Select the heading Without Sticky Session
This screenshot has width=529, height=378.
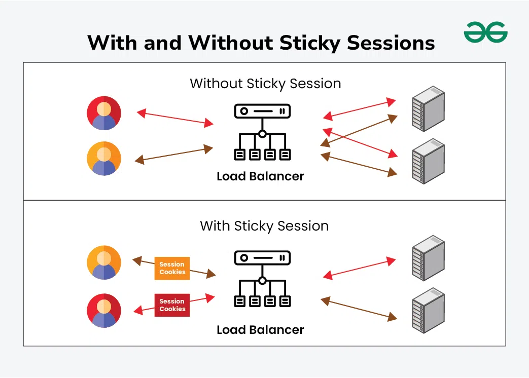coord(265,83)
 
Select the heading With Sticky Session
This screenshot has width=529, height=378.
coord(264,225)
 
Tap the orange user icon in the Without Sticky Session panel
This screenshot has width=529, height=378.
coord(104,159)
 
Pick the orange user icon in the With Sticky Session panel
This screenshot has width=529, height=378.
coord(104,262)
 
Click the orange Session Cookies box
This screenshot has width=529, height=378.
coord(172,268)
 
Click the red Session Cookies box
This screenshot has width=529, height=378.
coord(172,305)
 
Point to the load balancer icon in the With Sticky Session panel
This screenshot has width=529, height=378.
coord(262,279)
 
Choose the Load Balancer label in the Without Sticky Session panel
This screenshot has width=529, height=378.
coord(260,176)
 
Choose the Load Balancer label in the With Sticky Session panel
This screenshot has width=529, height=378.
coord(260,330)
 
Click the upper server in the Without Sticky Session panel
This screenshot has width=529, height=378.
coord(428,109)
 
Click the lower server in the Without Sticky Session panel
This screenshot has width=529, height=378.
coord(428,161)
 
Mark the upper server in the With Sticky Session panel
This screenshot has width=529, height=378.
coord(428,257)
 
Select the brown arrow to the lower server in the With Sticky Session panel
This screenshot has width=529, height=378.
coord(359,309)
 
